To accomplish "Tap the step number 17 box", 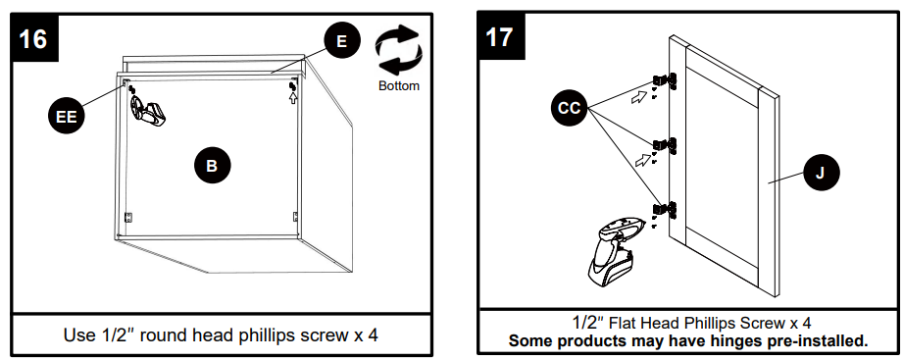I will tap(499, 37).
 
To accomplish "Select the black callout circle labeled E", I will tap(341, 41).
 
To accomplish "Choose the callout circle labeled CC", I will tap(569, 108).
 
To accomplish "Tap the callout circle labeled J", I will tap(820, 174).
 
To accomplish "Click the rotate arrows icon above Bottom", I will tap(398, 51).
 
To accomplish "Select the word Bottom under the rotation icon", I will tap(398, 86).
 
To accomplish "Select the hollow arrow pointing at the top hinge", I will tap(639, 96).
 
